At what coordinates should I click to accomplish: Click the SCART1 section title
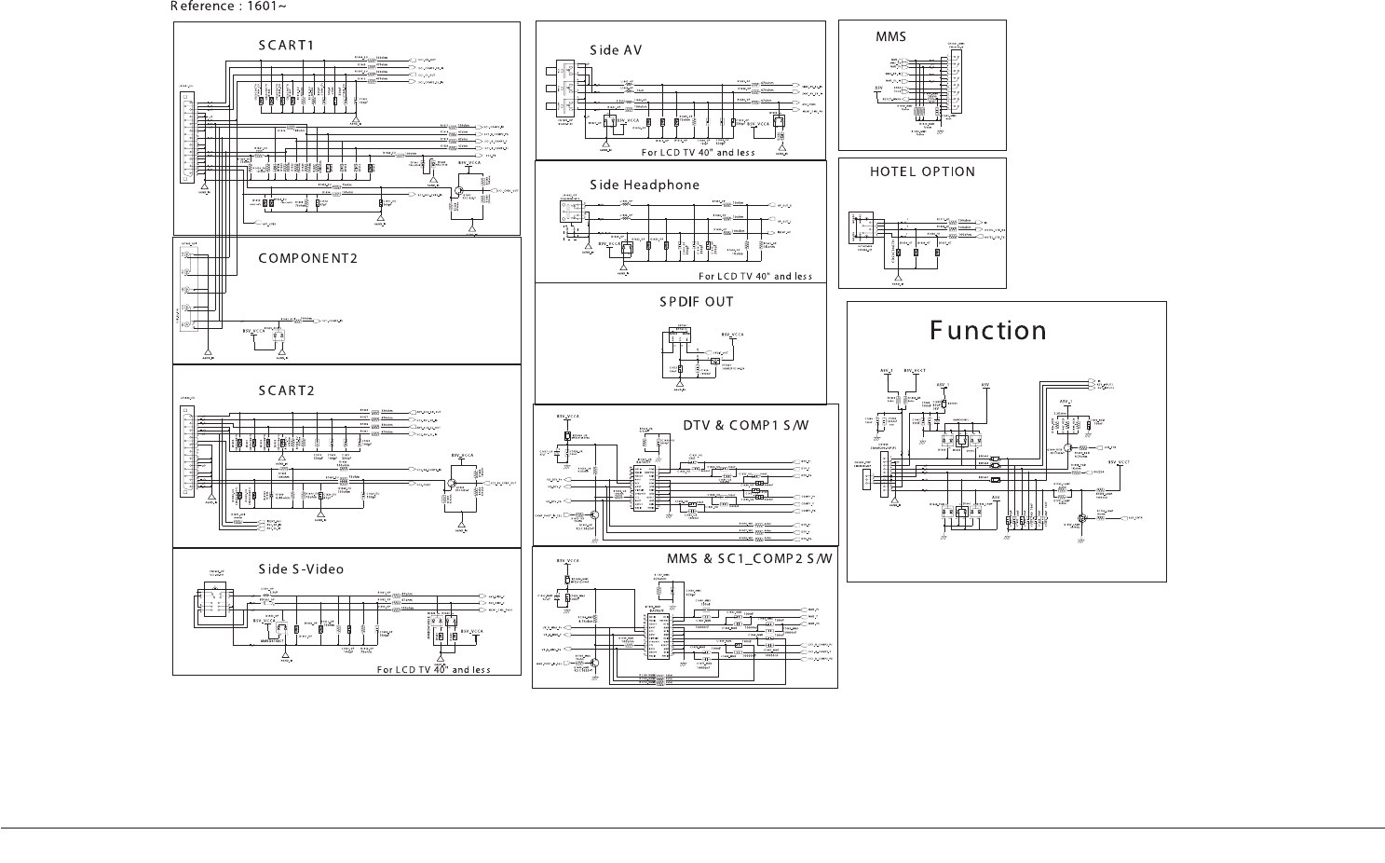pos(287,46)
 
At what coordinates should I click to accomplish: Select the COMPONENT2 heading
pos(307,258)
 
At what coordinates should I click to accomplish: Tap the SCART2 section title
pos(287,390)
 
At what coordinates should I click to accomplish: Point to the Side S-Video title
pos(301,569)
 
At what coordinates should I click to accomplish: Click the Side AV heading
pos(616,50)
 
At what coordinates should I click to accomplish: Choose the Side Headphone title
pos(645,185)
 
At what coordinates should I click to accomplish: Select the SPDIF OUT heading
pos(697,302)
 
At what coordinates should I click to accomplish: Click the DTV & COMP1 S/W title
pos(746,426)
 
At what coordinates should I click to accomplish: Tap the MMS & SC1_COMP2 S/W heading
pos(750,558)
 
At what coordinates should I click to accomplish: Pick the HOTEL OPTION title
pos(922,172)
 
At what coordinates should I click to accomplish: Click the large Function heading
pos(988,331)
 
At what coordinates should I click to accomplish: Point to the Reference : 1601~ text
pos(228,7)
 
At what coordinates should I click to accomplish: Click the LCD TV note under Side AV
pos(699,152)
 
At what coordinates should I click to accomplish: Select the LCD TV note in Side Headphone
pos(755,276)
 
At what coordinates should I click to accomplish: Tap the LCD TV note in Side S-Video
pos(433,669)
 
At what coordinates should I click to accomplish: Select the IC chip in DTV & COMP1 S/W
pos(644,485)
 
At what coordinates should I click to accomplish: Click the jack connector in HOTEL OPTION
pos(862,229)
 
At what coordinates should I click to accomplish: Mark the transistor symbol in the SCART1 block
pos(458,190)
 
